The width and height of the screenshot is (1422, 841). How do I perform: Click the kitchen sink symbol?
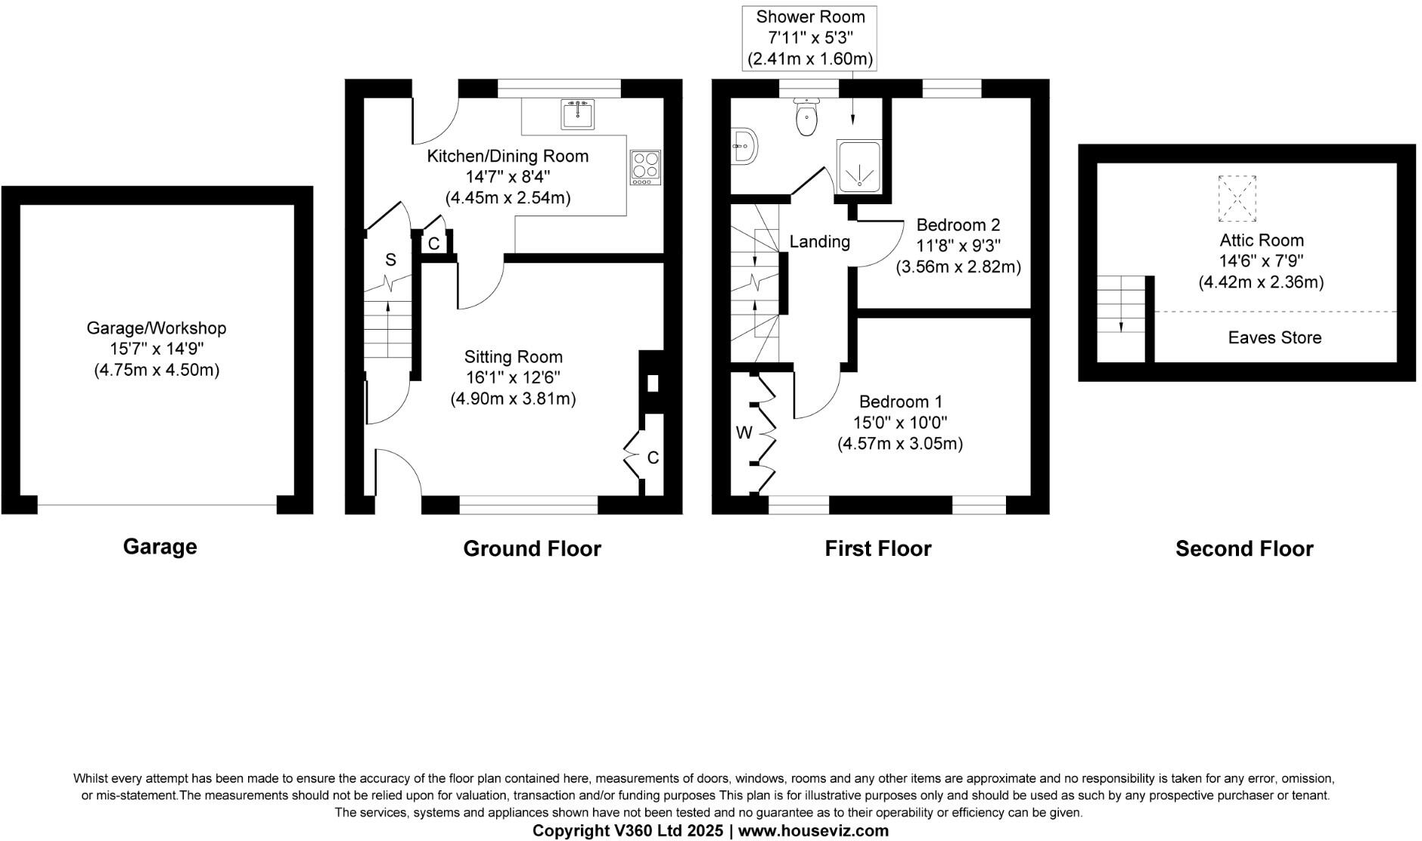click(578, 113)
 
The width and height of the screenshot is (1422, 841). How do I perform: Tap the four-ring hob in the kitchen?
click(645, 167)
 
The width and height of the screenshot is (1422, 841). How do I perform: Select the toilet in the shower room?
click(807, 118)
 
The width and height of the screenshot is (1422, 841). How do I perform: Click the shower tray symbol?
click(858, 163)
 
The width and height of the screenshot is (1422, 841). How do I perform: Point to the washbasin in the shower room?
click(744, 145)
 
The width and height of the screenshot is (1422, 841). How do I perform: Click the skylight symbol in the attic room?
click(1237, 198)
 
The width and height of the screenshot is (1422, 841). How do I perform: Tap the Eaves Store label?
click(1275, 338)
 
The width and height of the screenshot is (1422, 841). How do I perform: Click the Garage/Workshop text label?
click(157, 328)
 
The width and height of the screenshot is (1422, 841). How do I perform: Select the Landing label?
click(819, 242)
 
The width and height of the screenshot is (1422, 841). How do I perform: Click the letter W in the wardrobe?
click(744, 433)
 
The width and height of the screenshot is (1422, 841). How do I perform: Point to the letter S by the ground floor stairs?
click(390, 260)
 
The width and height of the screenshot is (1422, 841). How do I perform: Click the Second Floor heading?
click(1244, 548)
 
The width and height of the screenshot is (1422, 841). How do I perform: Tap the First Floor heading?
click(877, 548)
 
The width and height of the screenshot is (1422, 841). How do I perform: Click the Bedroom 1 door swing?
click(817, 393)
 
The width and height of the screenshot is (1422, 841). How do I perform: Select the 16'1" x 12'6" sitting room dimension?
click(513, 377)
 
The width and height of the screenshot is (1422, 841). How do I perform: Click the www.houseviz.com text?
click(813, 830)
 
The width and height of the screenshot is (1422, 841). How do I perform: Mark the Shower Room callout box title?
click(810, 17)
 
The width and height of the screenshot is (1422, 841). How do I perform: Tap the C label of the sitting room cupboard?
click(653, 458)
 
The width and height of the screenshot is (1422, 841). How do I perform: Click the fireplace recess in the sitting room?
click(652, 383)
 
